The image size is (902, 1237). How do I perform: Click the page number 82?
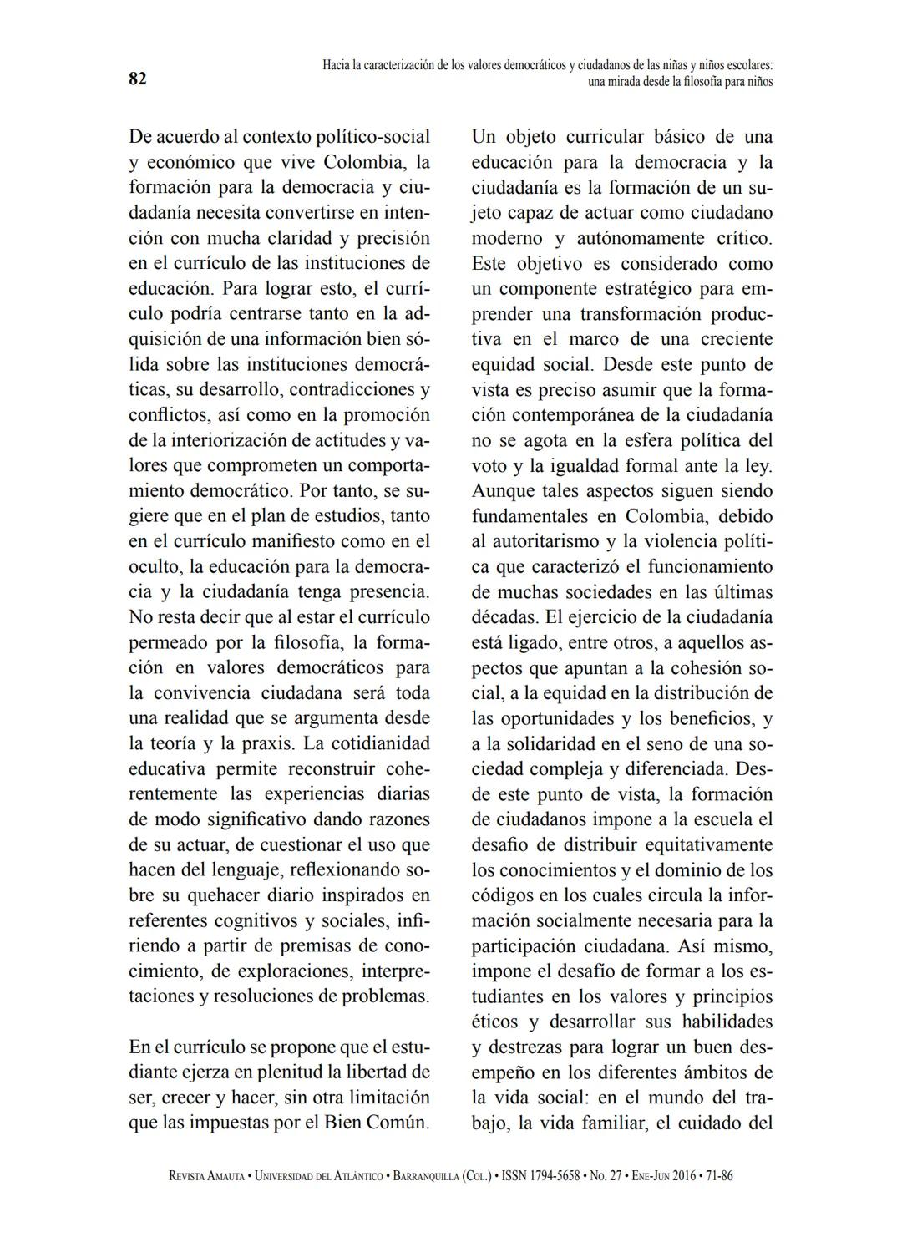[x=138, y=79]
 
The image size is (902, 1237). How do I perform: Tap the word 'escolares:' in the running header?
[x=745, y=65]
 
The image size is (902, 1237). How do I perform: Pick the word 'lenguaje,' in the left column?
[x=238, y=869]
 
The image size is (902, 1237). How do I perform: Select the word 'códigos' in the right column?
[x=501, y=895]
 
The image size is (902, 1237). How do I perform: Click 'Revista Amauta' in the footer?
[x=207, y=1176]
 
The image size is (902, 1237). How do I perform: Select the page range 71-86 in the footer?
[x=720, y=1176]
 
